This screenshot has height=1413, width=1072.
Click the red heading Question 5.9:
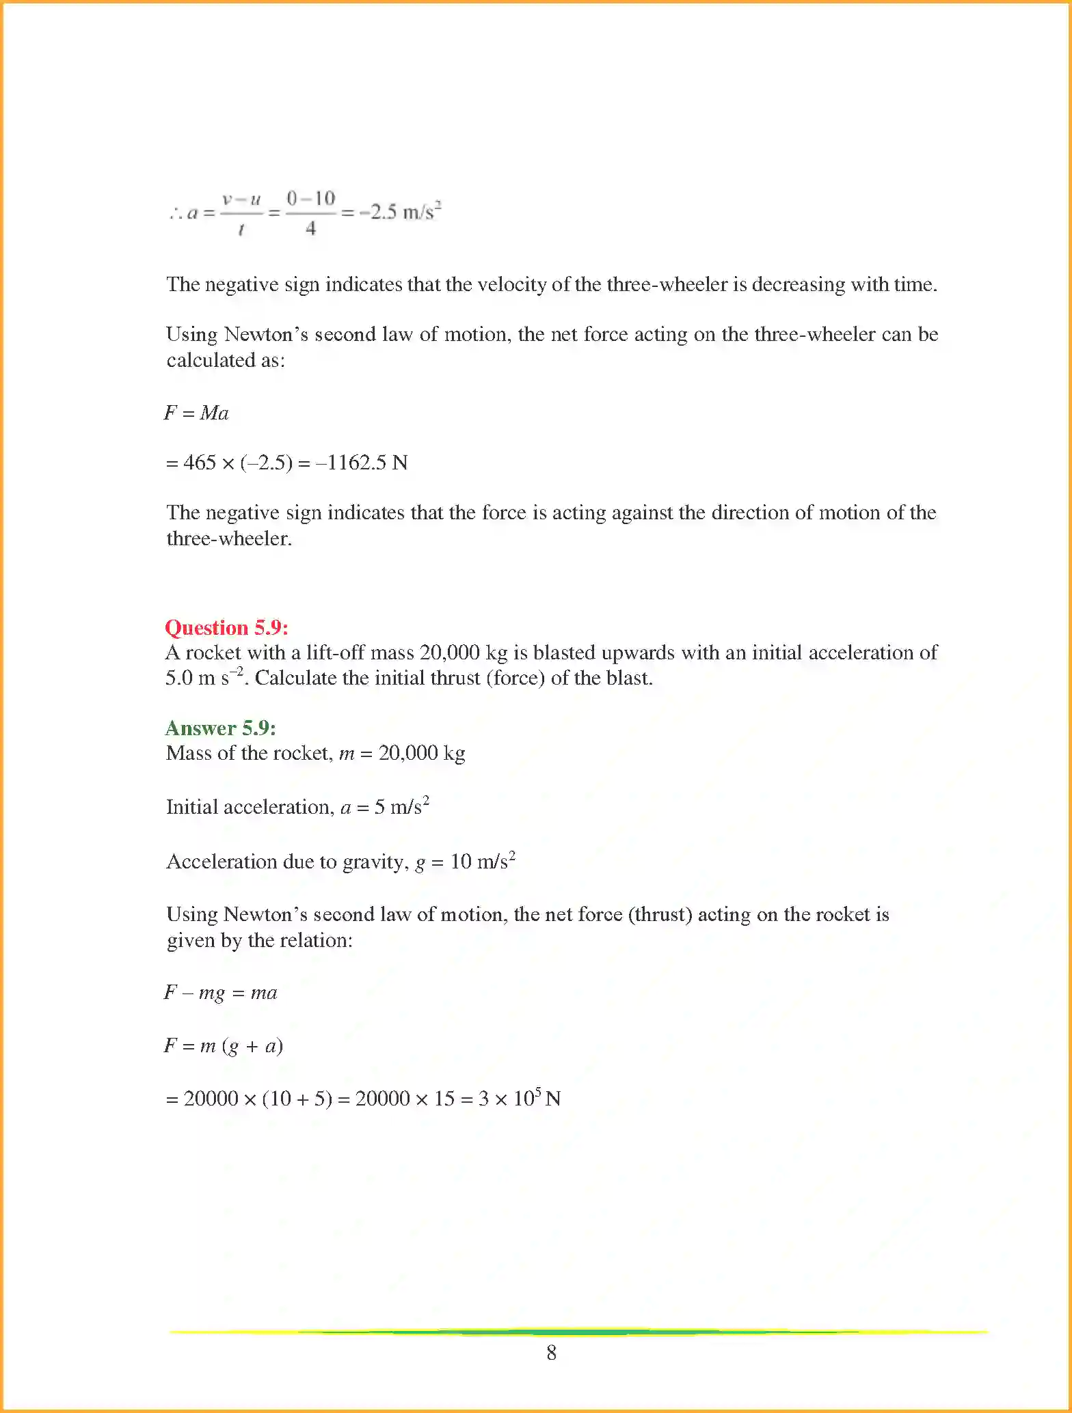226,627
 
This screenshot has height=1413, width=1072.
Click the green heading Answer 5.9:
220,728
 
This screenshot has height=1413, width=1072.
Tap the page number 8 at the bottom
551,1352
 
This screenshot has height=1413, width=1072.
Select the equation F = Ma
196,413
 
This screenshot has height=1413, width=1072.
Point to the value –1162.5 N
362,463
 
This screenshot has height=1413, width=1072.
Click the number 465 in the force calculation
200,463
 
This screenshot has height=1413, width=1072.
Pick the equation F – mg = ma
220,992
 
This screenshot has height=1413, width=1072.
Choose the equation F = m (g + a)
223,1045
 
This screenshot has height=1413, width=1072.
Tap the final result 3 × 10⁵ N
520,1098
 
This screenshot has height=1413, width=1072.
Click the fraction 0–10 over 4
311,212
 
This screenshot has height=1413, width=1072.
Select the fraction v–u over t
241,212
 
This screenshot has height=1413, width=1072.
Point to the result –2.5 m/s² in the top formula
400,211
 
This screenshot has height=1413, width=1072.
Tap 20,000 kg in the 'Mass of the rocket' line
422,753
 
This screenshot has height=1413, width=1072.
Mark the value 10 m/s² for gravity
483,861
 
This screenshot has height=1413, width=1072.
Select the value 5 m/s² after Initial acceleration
401,807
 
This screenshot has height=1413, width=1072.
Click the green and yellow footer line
578,1332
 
